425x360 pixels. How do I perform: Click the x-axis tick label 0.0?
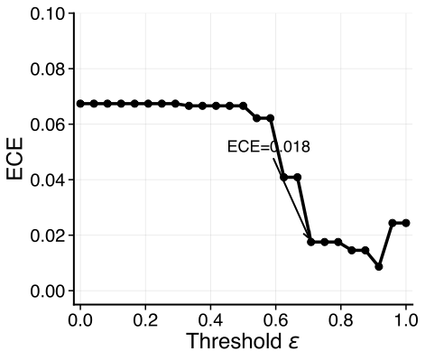[80, 319]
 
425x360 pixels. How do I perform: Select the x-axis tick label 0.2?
[145, 319]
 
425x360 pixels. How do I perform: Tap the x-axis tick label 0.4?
[210, 319]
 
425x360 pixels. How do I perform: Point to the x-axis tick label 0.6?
[275, 319]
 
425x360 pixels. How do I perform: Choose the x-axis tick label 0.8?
[340, 319]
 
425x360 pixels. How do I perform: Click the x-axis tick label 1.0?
[405, 319]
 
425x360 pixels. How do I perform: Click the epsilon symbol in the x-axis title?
[293, 345]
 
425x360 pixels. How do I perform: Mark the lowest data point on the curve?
[379, 266]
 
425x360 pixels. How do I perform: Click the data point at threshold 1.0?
[406, 223]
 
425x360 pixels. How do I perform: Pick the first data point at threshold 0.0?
[80, 104]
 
